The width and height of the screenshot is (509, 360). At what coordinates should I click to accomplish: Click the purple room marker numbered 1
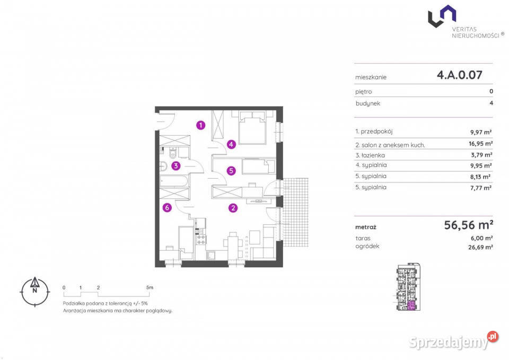click(200, 125)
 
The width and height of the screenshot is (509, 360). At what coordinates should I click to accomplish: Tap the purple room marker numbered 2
click(233, 208)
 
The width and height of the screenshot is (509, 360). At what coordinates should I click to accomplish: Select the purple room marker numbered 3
click(175, 166)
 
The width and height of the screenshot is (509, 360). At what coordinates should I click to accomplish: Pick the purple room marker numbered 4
click(231, 144)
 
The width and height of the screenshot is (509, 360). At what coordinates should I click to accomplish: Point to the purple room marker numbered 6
click(167, 207)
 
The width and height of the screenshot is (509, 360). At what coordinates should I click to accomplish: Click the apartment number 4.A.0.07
click(459, 75)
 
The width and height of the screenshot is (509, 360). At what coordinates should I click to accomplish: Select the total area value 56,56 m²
click(468, 225)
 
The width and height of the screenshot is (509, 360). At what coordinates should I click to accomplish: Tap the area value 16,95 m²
click(480, 144)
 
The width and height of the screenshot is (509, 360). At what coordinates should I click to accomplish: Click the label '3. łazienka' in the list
click(370, 155)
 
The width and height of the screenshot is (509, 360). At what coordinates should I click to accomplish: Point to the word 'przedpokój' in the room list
click(376, 131)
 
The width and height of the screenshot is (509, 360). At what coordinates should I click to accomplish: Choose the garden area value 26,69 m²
click(480, 247)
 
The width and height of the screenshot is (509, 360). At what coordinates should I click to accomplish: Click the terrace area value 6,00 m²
click(482, 238)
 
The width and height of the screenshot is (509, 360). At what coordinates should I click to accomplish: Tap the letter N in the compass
click(35, 291)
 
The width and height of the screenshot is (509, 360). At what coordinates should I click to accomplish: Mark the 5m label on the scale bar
click(150, 287)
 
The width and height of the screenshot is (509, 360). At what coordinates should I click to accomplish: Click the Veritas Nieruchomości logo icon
click(442, 16)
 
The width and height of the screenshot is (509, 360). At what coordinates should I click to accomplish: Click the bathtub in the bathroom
click(174, 181)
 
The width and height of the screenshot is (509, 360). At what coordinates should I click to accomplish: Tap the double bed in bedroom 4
click(252, 128)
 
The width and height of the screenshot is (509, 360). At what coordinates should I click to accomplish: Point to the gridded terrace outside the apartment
click(295, 212)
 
